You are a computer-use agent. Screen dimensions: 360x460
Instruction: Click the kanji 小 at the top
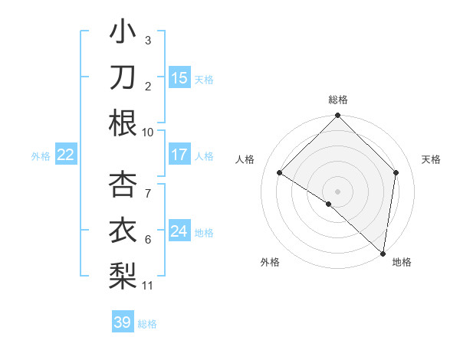coord(123,33)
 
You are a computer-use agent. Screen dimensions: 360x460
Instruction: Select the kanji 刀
coord(123,77)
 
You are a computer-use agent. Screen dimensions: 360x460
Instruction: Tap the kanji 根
coord(123,123)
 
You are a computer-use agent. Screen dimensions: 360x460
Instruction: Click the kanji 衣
coord(123,230)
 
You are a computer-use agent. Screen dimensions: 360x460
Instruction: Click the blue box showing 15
coord(179,77)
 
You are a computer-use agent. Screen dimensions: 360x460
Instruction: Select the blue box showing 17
coord(179,155)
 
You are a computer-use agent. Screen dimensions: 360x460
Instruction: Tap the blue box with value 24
coord(179,231)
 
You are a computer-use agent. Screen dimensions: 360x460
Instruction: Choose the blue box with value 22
coord(65,155)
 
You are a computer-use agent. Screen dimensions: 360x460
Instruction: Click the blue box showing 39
coord(122,322)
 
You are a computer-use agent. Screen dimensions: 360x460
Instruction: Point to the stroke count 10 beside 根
coord(148,132)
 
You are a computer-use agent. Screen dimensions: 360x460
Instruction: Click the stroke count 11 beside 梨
coord(148,286)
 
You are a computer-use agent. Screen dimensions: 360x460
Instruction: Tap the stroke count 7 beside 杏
coord(148,185)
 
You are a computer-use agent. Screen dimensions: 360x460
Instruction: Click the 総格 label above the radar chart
coord(338,100)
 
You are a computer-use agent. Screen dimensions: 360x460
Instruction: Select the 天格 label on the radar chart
coord(431,159)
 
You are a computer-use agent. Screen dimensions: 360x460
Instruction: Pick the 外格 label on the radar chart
coord(269,262)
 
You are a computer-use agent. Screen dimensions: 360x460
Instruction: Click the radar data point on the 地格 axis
coord(383,253)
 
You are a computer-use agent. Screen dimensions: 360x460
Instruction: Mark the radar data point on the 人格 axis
coord(280,172)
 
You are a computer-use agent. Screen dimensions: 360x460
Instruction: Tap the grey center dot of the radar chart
coord(337,191)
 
